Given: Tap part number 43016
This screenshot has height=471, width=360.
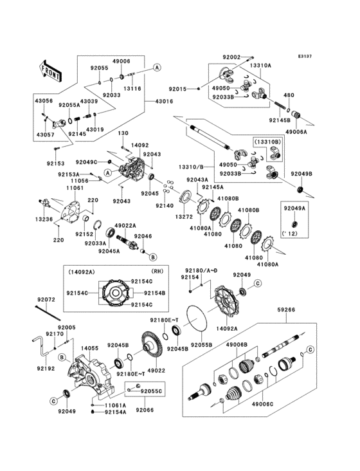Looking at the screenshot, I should [164, 101].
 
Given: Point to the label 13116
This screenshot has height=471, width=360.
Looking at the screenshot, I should [132, 88].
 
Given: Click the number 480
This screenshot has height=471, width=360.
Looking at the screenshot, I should [307, 95].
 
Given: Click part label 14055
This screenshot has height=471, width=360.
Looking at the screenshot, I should [89, 347].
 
